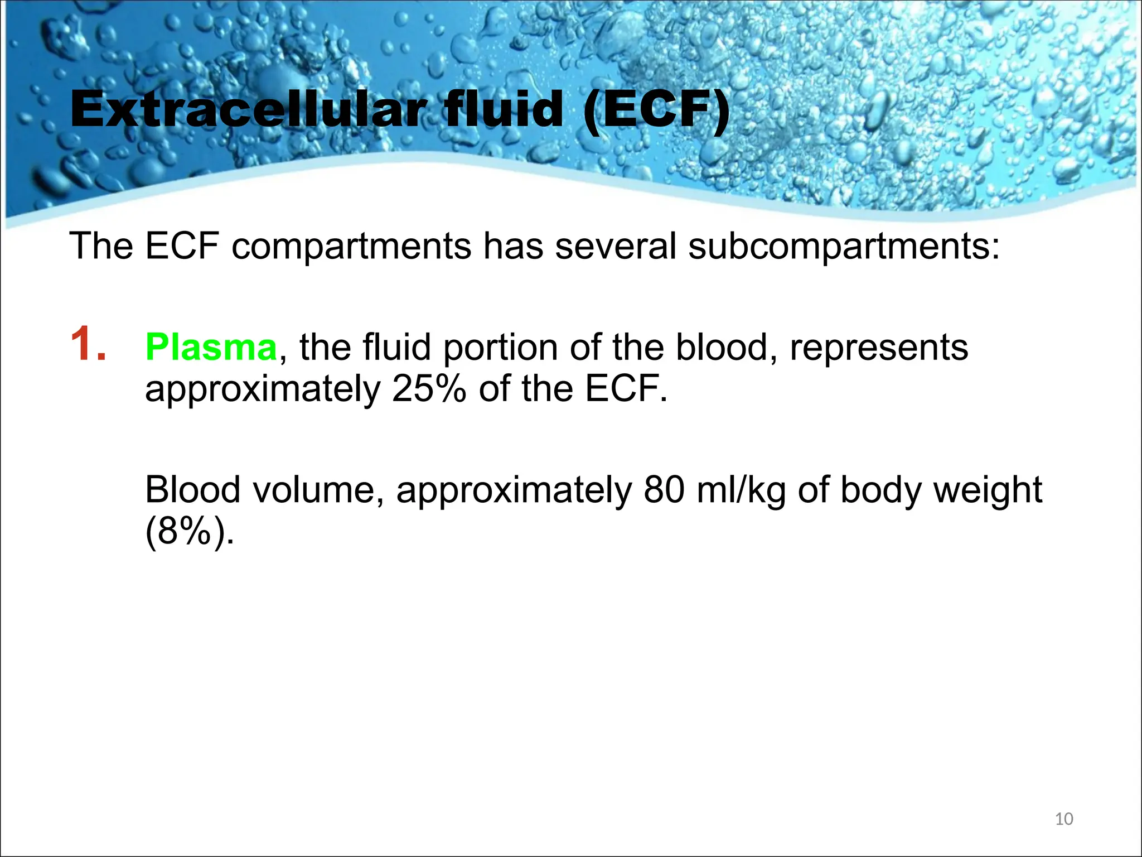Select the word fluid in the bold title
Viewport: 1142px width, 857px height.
[502, 110]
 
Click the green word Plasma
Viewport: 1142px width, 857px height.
[211, 347]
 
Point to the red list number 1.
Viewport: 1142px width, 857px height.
[88, 344]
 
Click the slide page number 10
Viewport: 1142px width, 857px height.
[1064, 819]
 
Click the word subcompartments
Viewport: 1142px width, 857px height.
[844, 246]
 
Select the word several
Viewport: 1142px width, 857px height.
[615, 246]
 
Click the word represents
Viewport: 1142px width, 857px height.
[879, 348]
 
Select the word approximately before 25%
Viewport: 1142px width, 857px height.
[262, 389]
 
